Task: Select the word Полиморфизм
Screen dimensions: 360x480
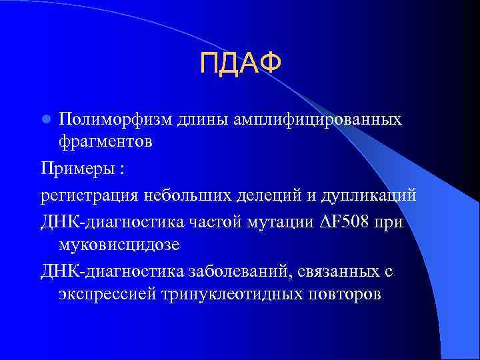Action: click(x=116, y=119)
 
